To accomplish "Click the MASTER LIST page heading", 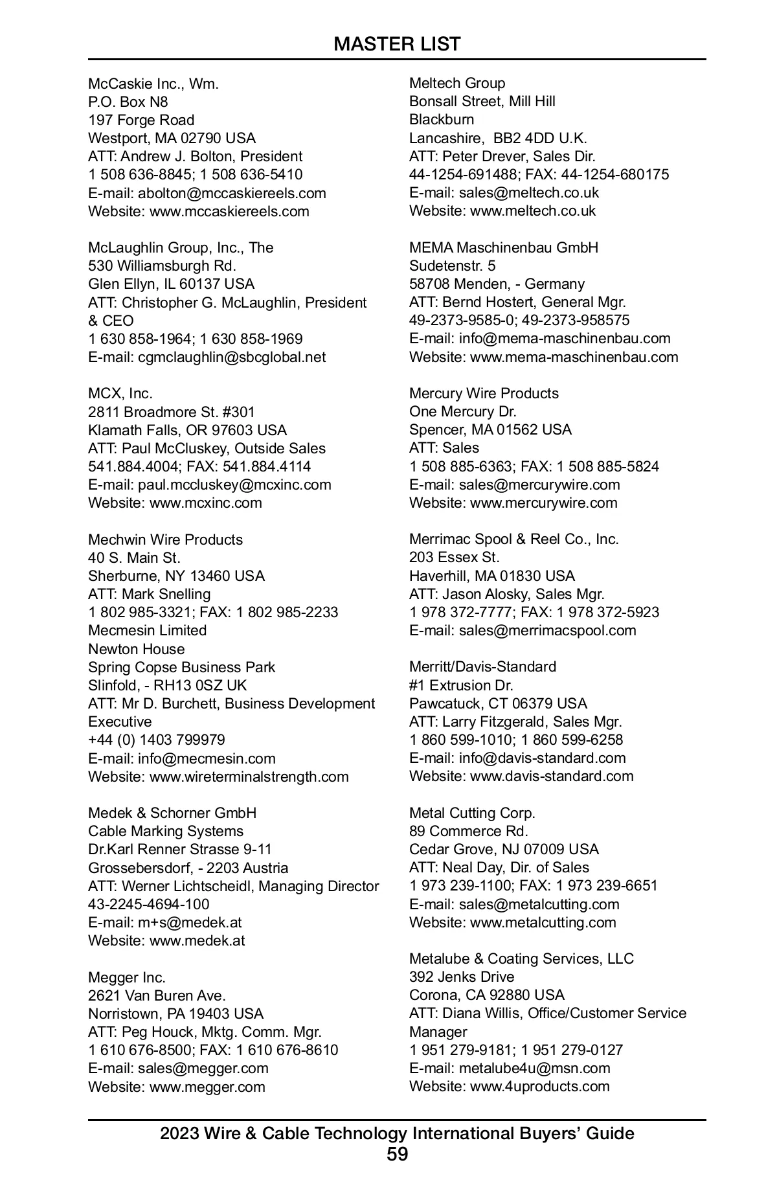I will (x=397, y=44).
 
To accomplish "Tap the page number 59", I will (x=397, y=1153).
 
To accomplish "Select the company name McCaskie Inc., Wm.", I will (x=153, y=84).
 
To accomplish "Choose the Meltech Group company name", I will (x=457, y=83).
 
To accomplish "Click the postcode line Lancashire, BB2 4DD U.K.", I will (x=498, y=138).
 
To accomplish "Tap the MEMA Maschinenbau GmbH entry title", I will (x=504, y=247).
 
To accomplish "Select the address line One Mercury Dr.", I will (x=463, y=411).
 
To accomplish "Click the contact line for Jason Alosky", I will (x=507, y=594).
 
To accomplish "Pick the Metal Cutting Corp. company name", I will (x=473, y=813).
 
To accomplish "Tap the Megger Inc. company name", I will (x=127, y=977).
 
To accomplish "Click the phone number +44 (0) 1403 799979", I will (x=157, y=740).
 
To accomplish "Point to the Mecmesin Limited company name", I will (x=148, y=630).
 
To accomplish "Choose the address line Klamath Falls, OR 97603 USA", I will (x=187, y=430).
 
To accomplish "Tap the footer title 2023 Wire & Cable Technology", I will (x=397, y=1133).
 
